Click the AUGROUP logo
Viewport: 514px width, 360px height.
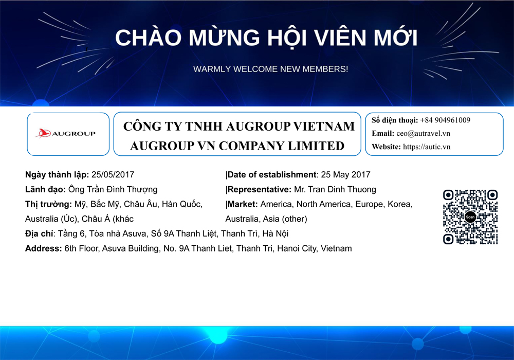point(66,133)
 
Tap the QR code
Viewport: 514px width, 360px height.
point(470,217)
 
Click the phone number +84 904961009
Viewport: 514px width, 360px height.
point(445,120)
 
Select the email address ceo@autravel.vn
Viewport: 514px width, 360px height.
point(423,133)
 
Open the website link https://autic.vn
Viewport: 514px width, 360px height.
point(427,147)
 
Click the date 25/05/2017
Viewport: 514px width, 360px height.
point(113,174)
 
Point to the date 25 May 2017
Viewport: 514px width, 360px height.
point(345,174)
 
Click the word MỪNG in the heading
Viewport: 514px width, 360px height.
point(224,38)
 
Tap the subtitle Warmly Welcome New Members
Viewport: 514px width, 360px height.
point(270,69)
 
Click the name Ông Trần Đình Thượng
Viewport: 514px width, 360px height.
point(113,189)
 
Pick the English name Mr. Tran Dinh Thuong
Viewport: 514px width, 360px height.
point(335,189)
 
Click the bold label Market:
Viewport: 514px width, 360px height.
point(243,204)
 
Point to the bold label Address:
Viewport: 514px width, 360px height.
point(44,248)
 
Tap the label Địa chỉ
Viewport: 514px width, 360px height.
point(40,234)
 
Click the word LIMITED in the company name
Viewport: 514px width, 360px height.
point(316,146)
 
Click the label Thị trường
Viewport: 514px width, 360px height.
point(48,204)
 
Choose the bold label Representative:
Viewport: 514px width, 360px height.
point(259,189)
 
